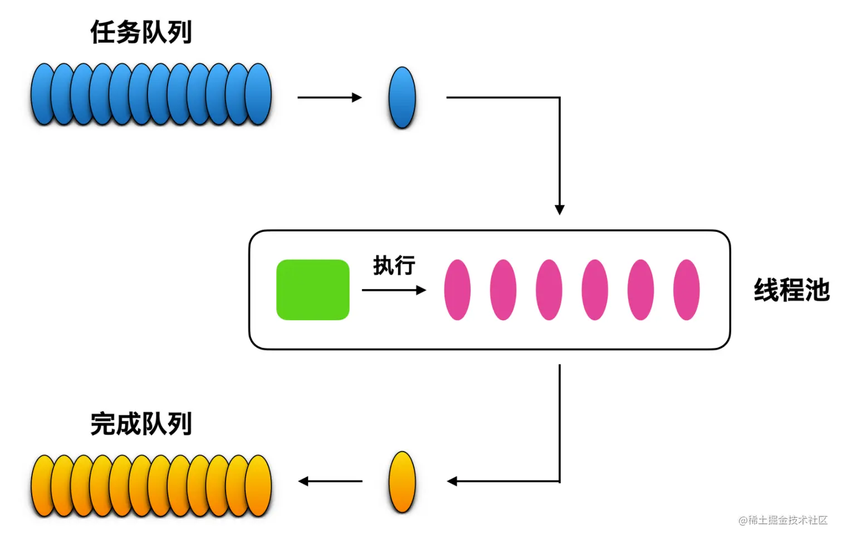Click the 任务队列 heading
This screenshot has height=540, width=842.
[x=141, y=32]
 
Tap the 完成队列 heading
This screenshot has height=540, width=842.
[x=141, y=424]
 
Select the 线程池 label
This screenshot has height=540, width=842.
[x=792, y=290]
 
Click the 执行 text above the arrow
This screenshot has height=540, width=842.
[x=394, y=266]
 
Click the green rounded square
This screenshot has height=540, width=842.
[x=313, y=290]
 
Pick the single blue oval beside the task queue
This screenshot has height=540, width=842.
[x=402, y=97]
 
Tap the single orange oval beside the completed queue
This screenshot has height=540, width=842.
[x=402, y=482]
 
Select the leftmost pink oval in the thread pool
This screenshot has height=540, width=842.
[x=457, y=290]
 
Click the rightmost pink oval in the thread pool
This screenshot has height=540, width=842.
[x=687, y=290]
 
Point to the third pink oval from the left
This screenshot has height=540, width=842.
[x=549, y=290]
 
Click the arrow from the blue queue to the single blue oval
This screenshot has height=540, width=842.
[x=330, y=97]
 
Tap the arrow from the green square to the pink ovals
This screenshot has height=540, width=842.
[x=394, y=290]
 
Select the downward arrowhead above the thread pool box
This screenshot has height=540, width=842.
[x=560, y=210]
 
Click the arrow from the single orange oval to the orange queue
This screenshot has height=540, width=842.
[x=330, y=481]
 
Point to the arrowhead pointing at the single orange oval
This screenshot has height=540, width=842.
[x=452, y=481]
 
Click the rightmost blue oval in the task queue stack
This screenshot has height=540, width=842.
[x=258, y=94]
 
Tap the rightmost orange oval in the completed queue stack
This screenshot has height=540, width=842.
[x=258, y=485]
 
